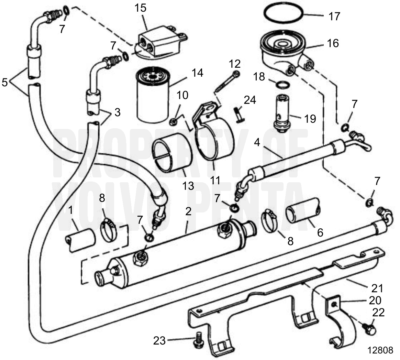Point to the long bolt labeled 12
tap(226, 82)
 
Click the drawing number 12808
tap(380, 350)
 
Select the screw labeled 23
tap(199, 338)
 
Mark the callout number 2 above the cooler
tap(188, 211)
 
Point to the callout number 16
tap(333, 43)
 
